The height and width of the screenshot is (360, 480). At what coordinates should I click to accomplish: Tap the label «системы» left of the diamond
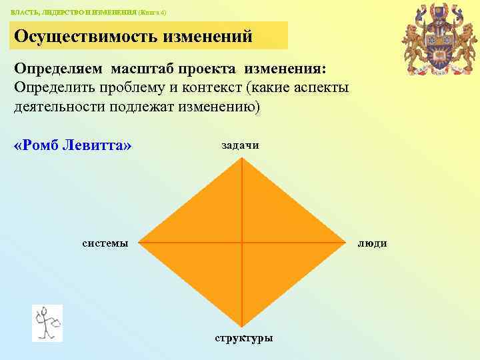coord(105,243)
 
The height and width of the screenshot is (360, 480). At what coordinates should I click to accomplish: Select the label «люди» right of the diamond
coord(372,243)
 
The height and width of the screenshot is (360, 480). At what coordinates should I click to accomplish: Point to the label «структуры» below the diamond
coord(243,337)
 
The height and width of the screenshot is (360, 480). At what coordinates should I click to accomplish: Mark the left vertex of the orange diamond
coord(139,241)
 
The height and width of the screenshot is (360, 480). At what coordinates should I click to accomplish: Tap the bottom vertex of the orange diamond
coord(242,326)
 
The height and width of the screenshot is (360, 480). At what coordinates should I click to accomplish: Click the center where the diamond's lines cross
coord(242,241)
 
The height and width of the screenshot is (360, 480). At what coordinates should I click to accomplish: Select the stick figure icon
coord(47,323)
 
